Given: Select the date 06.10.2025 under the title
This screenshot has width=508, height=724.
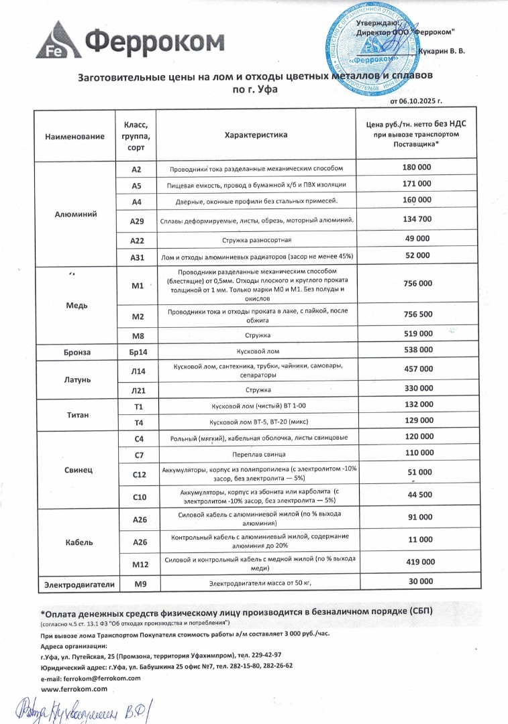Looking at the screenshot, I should pyautogui.click(x=421, y=101).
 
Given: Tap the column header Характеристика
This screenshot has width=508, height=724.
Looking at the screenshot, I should pyautogui.click(x=256, y=135).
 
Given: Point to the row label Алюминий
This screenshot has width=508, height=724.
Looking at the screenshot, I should pyautogui.click(x=75, y=215).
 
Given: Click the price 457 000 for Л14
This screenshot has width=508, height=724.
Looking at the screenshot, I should pyautogui.click(x=417, y=369).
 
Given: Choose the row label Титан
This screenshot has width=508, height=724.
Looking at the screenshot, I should pyautogui.click(x=75, y=414).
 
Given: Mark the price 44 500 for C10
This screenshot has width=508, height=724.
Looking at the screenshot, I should pyautogui.click(x=417, y=495).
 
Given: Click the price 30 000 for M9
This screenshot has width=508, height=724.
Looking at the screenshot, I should pyautogui.click(x=417, y=581).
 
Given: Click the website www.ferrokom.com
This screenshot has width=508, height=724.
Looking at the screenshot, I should pyautogui.click(x=74, y=688).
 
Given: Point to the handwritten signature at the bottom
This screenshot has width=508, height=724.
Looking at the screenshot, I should pyautogui.click(x=84, y=708).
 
